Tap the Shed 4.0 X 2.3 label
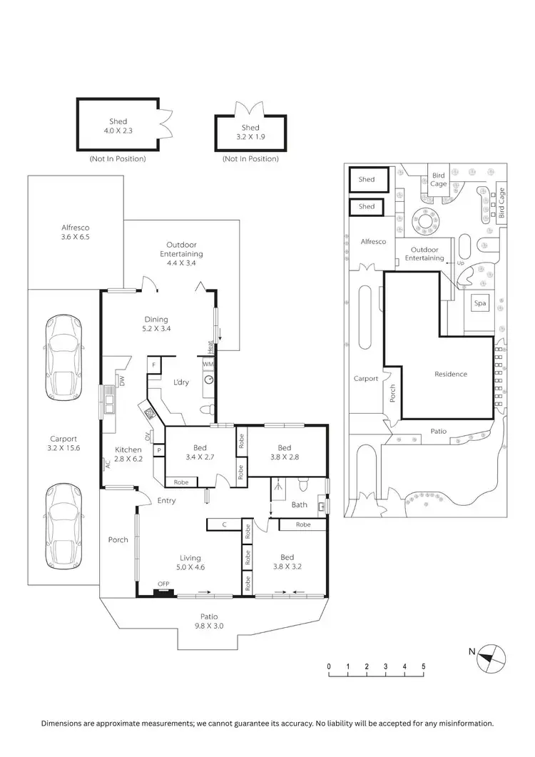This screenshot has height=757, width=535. [x=118, y=126]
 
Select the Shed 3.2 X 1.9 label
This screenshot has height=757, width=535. [x=250, y=132]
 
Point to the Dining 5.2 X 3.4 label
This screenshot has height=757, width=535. [x=156, y=324]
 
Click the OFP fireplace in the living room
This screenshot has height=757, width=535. [x=164, y=591]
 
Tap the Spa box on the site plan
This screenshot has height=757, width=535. [x=480, y=303]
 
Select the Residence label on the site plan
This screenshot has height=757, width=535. [x=451, y=374]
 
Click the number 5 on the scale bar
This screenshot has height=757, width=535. [x=424, y=667]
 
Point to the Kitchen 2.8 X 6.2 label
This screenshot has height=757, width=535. [x=128, y=454]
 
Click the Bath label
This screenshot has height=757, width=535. [x=300, y=504]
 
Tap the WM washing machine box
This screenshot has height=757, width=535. [x=208, y=364]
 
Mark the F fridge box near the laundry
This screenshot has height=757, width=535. [x=153, y=364]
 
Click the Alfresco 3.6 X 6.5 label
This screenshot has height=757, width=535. [x=75, y=234]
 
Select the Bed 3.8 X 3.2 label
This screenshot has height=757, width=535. [x=287, y=562]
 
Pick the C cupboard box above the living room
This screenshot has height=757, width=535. [x=224, y=524]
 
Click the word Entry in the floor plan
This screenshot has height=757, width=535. [x=166, y=500]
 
